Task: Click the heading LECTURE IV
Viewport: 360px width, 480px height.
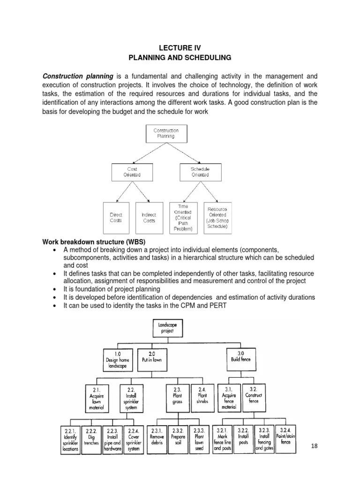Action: [x=180, y=47]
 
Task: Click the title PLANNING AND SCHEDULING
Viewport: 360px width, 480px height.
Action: [x=180, y=58]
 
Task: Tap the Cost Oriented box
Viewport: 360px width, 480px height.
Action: [x=132, y=172]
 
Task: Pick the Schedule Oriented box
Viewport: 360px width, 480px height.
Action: [x=200, y=172]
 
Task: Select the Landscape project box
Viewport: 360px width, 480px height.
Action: [x=167, y=327]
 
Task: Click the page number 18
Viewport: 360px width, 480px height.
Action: [x=314, y=446]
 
